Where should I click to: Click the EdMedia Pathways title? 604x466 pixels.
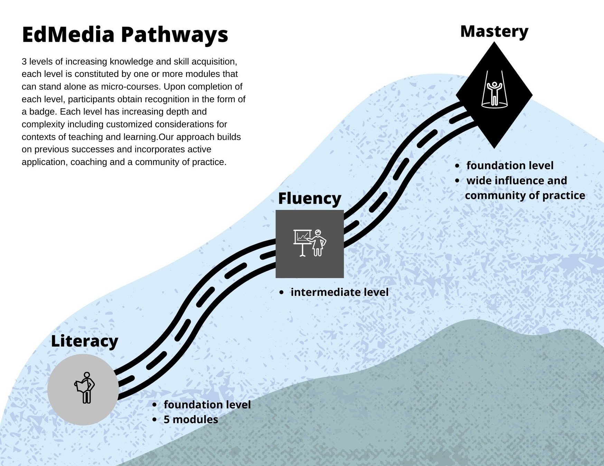click(125, 35)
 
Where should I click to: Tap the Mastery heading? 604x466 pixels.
click(494, 31)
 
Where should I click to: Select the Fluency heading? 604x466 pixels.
click(309, 198)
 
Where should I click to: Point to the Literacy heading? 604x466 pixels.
click(84, 341)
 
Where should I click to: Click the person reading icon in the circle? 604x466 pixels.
click(85, 387)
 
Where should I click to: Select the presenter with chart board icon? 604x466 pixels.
click(310, 243)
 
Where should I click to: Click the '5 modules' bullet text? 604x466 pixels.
click(191, 419)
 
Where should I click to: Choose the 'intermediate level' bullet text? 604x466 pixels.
click(339, 292)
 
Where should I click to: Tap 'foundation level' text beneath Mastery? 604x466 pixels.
click(510, 165)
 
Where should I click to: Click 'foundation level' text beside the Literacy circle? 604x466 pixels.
click(207, 405)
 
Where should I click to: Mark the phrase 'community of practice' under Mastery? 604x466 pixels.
click(525, 195)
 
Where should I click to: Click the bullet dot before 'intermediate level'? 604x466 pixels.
click(281, 292)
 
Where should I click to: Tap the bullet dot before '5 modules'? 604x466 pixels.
click(154, 420)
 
